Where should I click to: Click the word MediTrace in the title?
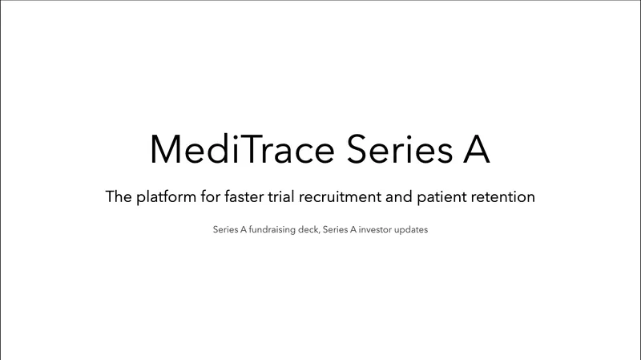click(234, 148)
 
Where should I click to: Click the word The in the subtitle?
click(119, 196)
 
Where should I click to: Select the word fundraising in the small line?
click(272, 230)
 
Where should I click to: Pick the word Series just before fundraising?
click(224, 230)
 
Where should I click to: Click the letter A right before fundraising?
click(244, 230)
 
